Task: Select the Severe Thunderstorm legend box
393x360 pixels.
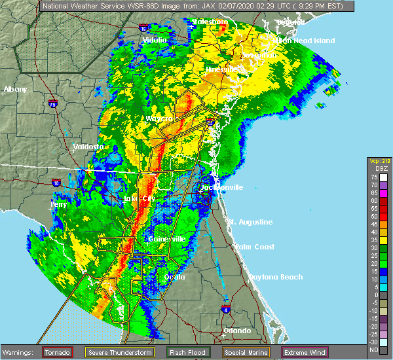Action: [121, 352]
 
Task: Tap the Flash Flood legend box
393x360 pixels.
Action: [187, 352]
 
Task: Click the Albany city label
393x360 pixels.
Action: [16, 89]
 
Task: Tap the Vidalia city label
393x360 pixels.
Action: [155, 41]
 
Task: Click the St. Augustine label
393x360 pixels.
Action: [250, 222]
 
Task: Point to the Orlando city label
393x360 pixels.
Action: [237, 331]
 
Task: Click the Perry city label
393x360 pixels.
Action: [59, 204]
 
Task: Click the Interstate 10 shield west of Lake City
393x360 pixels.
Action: [56, 183]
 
